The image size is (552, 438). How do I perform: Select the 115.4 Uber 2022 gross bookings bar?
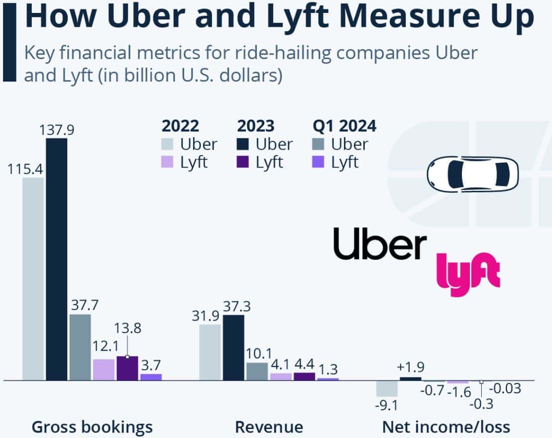click(33, 278)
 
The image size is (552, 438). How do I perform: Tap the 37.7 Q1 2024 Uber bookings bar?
click(80, 347)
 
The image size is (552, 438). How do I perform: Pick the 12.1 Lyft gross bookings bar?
click(104, 369)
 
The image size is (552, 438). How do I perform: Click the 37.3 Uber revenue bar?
click(233, 347)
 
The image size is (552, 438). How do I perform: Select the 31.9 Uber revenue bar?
click(210, 352)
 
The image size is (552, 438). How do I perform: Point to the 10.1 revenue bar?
click(257, 371)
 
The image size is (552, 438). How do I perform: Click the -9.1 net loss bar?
click(387, 389)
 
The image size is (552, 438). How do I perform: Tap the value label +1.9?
click(410, 368)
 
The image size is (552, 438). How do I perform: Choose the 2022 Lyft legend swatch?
click(168, 162)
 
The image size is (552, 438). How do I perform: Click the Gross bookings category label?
click(92, 427)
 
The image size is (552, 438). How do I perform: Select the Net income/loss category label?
click(446, 427)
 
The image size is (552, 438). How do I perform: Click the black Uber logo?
click(380, 244)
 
